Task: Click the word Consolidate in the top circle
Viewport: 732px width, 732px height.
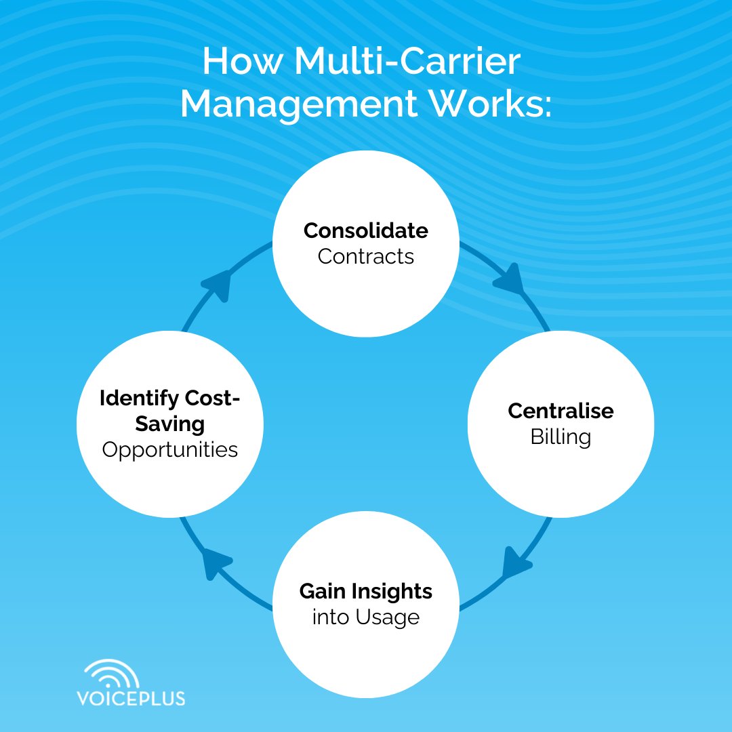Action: (x=365, y=231)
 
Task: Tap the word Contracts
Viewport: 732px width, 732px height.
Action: (x=365, y=257)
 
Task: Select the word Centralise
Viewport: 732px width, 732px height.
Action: (x=561, y=411)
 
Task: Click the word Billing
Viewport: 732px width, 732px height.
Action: (x=561, y=437)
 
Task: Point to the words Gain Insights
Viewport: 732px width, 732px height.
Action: (x=365, y=592)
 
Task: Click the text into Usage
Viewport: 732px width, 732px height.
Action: (x=365, y=617)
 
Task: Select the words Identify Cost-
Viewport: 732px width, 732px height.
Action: (x=169, y=399)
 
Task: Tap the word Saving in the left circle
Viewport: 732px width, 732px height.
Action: (x=169, y=424)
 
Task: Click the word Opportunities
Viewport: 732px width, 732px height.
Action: (x=169, y=449)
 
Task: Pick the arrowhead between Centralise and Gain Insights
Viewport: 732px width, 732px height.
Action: (x=516, y=565)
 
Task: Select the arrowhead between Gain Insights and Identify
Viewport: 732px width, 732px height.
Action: (x=218, y=565)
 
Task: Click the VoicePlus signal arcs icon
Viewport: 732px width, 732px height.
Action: (x=112, y=674)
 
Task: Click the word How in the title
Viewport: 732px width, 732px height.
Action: (x=241, y=63)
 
